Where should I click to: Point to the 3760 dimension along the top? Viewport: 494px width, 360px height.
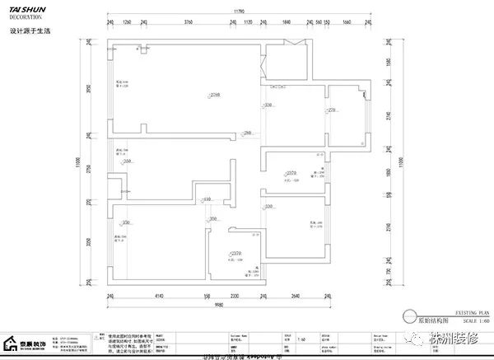[x=188, y=23]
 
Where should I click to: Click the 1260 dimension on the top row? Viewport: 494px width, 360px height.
[x=127, y=23]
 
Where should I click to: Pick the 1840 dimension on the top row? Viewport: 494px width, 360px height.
[x=287, y=23]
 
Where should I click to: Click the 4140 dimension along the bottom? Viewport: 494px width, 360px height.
[x=159, y=294]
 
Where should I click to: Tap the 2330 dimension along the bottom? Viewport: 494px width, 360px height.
[x=234, y=294]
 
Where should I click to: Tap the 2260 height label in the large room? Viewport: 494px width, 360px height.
[x=191, y=96]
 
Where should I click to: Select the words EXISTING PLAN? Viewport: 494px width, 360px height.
[x=450, y=305]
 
